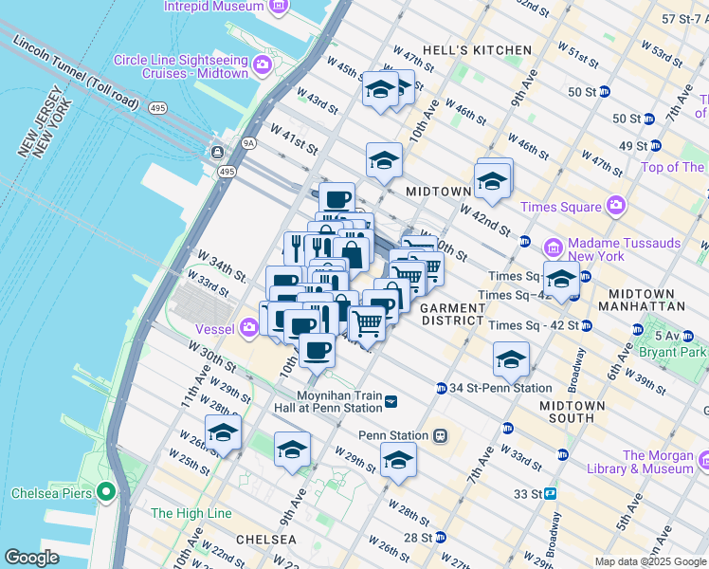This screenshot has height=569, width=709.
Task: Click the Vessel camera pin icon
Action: (x=249, y=328)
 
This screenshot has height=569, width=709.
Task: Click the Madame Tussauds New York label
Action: (x=625, y=250)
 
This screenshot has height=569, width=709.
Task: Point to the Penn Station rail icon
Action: (x=440, y=435)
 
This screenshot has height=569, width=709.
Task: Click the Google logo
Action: (x=30, y=557)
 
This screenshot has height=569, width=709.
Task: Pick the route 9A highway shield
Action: (x=249, y=143)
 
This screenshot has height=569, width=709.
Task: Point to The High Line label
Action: (x=191, y=513)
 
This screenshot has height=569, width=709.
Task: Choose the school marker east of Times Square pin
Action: (x=561, y=280)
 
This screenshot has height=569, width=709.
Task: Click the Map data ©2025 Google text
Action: (x=650, y=561)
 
